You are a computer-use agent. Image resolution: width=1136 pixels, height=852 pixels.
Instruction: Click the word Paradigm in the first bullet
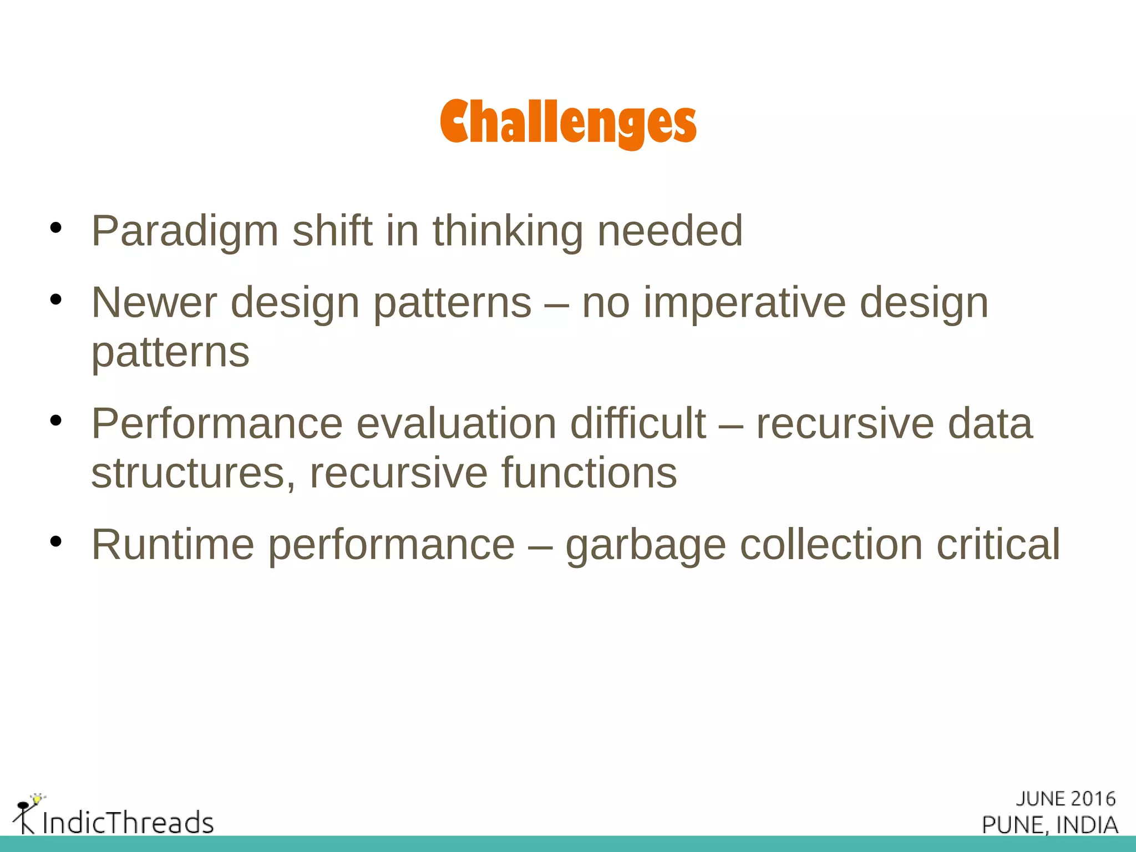coord(185,231)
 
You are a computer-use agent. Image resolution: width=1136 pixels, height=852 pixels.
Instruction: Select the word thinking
coord(508,231)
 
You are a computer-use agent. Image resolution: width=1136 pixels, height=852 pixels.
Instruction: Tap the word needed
coord(670,231)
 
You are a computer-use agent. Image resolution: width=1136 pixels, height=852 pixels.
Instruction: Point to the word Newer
coord(154,303)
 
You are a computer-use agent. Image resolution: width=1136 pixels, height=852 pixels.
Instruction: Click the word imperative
coord(744,303)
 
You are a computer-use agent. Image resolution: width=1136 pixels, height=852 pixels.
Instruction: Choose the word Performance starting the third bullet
coord(217,424)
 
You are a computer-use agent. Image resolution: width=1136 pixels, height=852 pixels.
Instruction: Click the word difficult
coord(638,424)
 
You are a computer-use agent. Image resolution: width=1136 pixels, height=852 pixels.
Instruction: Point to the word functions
coord(589,473)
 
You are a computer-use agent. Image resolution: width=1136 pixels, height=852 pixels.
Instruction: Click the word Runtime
coord(173,545)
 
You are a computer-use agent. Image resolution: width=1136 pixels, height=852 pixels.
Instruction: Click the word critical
coord(998,545)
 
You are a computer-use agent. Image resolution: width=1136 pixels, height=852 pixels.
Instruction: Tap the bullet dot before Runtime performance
coord(55,541)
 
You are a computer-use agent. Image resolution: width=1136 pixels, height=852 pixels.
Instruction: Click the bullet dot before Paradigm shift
coord(55,227)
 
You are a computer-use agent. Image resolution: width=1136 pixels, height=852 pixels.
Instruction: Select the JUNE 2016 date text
coord(1065,799)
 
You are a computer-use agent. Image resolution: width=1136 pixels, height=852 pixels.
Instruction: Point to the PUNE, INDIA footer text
coord(1049,825)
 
